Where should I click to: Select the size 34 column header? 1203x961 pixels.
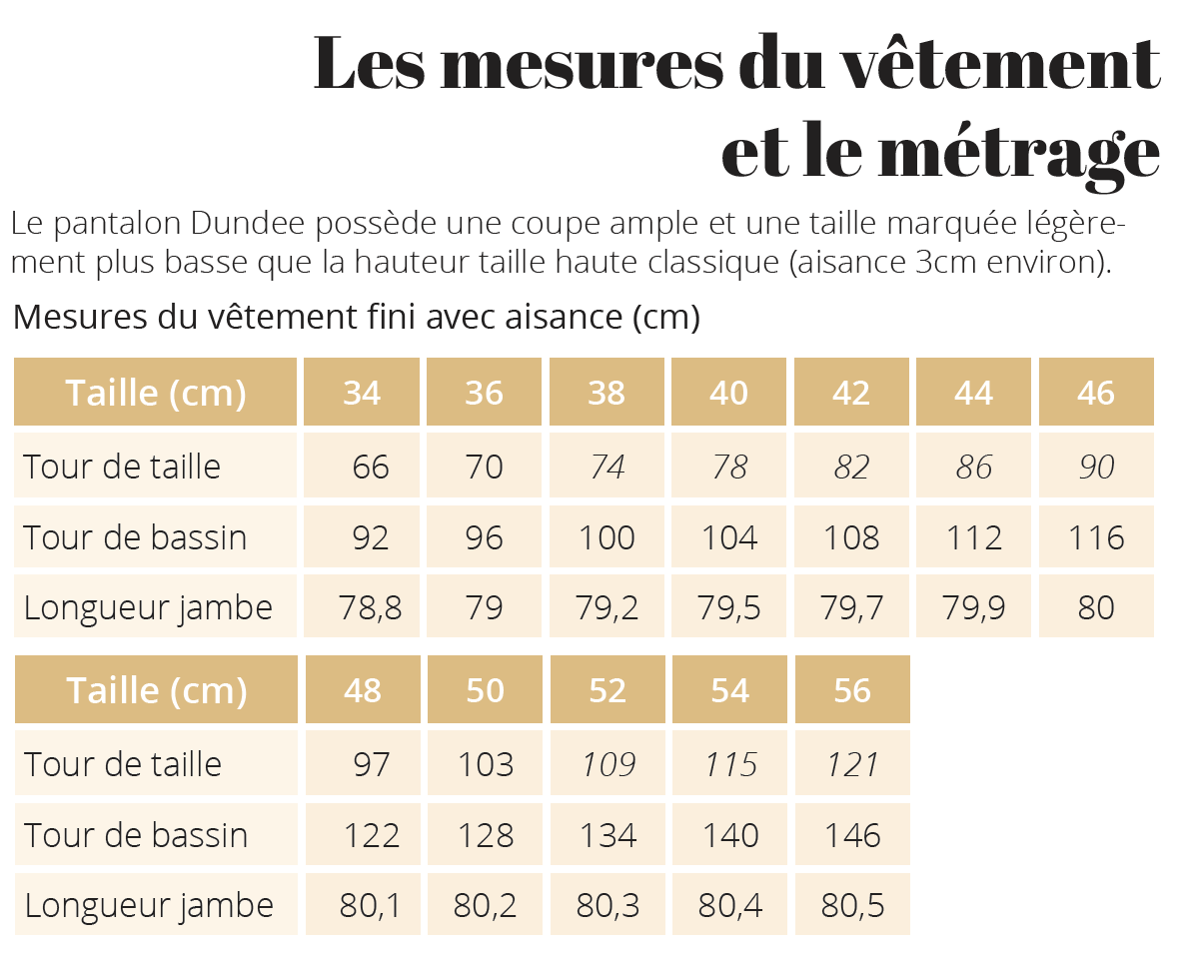pyautogui.click(x=362, y=393)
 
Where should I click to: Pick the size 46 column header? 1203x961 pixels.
pyautogui.click(x=1096, y=393)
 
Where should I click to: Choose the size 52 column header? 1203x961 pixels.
pyautogui.click(x=607, y=690)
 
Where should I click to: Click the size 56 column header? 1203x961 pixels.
pyautogui.click(x=852, y=690)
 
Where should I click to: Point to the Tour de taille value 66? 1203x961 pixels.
pyautogui.click(x=371, y=467)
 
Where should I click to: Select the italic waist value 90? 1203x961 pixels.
pyautogui.click(x=1096, y=467)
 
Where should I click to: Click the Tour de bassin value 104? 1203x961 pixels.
pyautogui.click(x=729, y=537)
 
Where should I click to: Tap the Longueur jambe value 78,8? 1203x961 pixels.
pyautogui.click(x=371, y=607)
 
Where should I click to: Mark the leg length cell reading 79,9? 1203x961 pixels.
pyautogui.click(x=974, y=607)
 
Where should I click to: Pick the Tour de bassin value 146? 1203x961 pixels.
pyautogui.click(x=852, y=835)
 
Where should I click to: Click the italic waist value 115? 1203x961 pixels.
pyautogui.click(x=730, y=764)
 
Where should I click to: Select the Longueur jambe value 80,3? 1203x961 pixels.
pyautogui.click(x=607, y=905)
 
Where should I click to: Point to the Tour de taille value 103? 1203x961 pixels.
pyautogui.click(x=486, y=764)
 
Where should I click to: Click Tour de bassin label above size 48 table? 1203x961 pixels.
pyautogui.click(x=135, y=537)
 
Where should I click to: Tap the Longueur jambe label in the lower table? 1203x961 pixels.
pyautogui.click(x=149, y=905)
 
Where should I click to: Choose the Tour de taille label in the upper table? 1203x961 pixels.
pyautogui.click(x=122, y=467)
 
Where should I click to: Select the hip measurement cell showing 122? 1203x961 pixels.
pyautogui.click(x=372, y=835)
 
